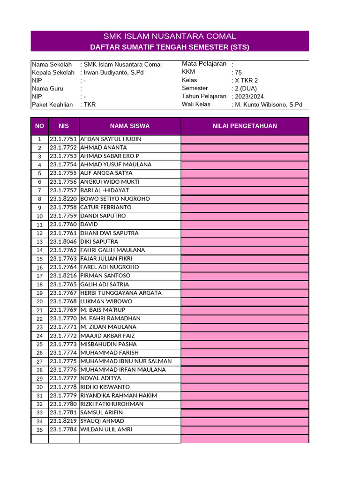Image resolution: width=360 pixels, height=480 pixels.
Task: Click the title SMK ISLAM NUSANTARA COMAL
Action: tap(170, 37)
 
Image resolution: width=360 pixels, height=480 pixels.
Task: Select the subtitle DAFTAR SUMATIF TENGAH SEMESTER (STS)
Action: tap(170, 47)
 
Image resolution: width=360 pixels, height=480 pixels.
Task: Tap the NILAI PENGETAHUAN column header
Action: tap(245, 126)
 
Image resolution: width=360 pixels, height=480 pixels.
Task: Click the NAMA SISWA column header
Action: tap(130, 126)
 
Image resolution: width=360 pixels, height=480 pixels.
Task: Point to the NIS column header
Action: tap(64, 126)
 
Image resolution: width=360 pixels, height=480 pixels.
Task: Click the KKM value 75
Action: tap(238, 73)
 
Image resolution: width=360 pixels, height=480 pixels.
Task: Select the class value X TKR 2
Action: tap(246, 81)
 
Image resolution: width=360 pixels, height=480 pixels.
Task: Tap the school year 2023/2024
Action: tap(248, 97)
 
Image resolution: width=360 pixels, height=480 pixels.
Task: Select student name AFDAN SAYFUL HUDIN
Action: tap(111, 139)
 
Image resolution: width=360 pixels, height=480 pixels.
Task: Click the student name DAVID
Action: tap(90, 225)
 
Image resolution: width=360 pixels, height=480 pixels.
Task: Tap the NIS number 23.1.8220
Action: tap(63, 199)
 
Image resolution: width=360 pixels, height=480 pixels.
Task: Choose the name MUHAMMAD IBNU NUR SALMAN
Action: tap(126, 361)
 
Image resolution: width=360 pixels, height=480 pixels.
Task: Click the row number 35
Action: tap(40, 430)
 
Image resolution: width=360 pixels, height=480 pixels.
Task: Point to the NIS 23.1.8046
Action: tap(63, 242)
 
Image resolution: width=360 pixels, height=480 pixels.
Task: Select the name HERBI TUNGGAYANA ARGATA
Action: tap(121, 293)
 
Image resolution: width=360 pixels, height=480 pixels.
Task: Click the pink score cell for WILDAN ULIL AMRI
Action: tap(245, 430)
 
